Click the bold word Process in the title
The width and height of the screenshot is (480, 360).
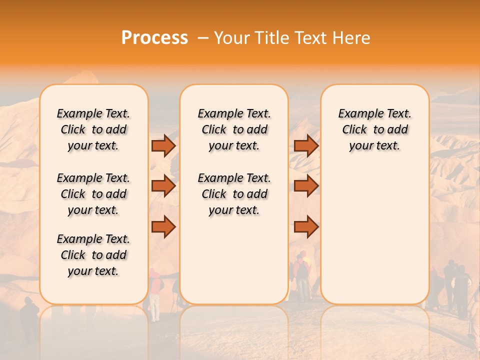pos(154,38)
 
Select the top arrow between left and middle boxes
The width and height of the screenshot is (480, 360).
pos(163,145)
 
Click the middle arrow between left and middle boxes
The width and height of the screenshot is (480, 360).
pos(163,186)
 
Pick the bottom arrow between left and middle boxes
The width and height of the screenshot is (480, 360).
pos(163,227)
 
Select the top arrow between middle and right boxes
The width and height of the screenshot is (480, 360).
pos(306,145)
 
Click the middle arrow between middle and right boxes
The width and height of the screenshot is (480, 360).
pos(306,186)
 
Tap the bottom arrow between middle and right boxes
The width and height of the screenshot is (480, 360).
pos(306,227)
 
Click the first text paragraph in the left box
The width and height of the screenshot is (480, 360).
pos(93,129)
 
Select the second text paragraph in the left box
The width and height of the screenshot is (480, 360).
pos(93,194)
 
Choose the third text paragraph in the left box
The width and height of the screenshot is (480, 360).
pos(93,255)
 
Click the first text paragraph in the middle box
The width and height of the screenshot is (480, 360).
pos(234,129)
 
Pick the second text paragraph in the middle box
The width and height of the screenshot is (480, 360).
pos(234,194)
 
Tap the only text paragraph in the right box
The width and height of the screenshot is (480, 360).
pos(374,129)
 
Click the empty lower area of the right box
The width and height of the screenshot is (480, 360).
pos(374,240)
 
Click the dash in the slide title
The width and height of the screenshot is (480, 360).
pos(203,38)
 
